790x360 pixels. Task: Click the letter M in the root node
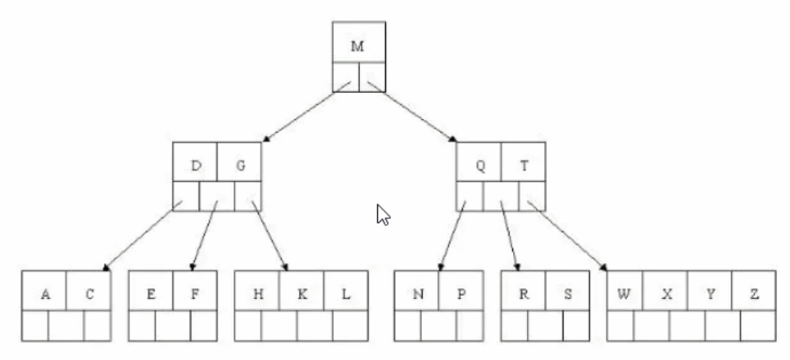(358, 46)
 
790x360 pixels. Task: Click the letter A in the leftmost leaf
(45, 295)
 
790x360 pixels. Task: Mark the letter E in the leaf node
(151, 295)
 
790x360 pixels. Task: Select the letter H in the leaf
(257, 295)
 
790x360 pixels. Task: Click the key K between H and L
(301, 295)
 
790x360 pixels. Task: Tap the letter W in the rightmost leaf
(624, 295)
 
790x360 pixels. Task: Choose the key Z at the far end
(753, 295)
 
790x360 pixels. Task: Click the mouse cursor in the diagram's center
(383, 215)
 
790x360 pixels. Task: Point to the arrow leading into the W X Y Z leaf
(570, 235)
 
